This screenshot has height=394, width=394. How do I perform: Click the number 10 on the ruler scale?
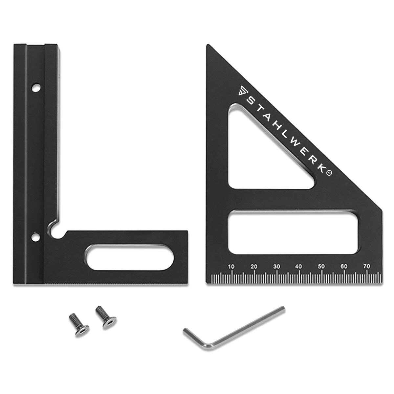(x=231, y=267)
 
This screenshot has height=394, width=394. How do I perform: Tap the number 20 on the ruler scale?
(x=254, y=267)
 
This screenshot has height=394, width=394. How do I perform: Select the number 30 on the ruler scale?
(x=276, y=267)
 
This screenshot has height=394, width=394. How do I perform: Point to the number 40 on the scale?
(x=299, y=267)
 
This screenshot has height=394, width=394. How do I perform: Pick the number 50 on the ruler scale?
(x=321, y=267)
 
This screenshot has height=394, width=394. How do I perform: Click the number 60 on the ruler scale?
(x=344, y=267)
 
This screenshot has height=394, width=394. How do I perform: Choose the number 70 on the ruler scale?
(x=367, y=266)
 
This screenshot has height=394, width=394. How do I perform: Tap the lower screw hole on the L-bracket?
(x=36, y=237)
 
